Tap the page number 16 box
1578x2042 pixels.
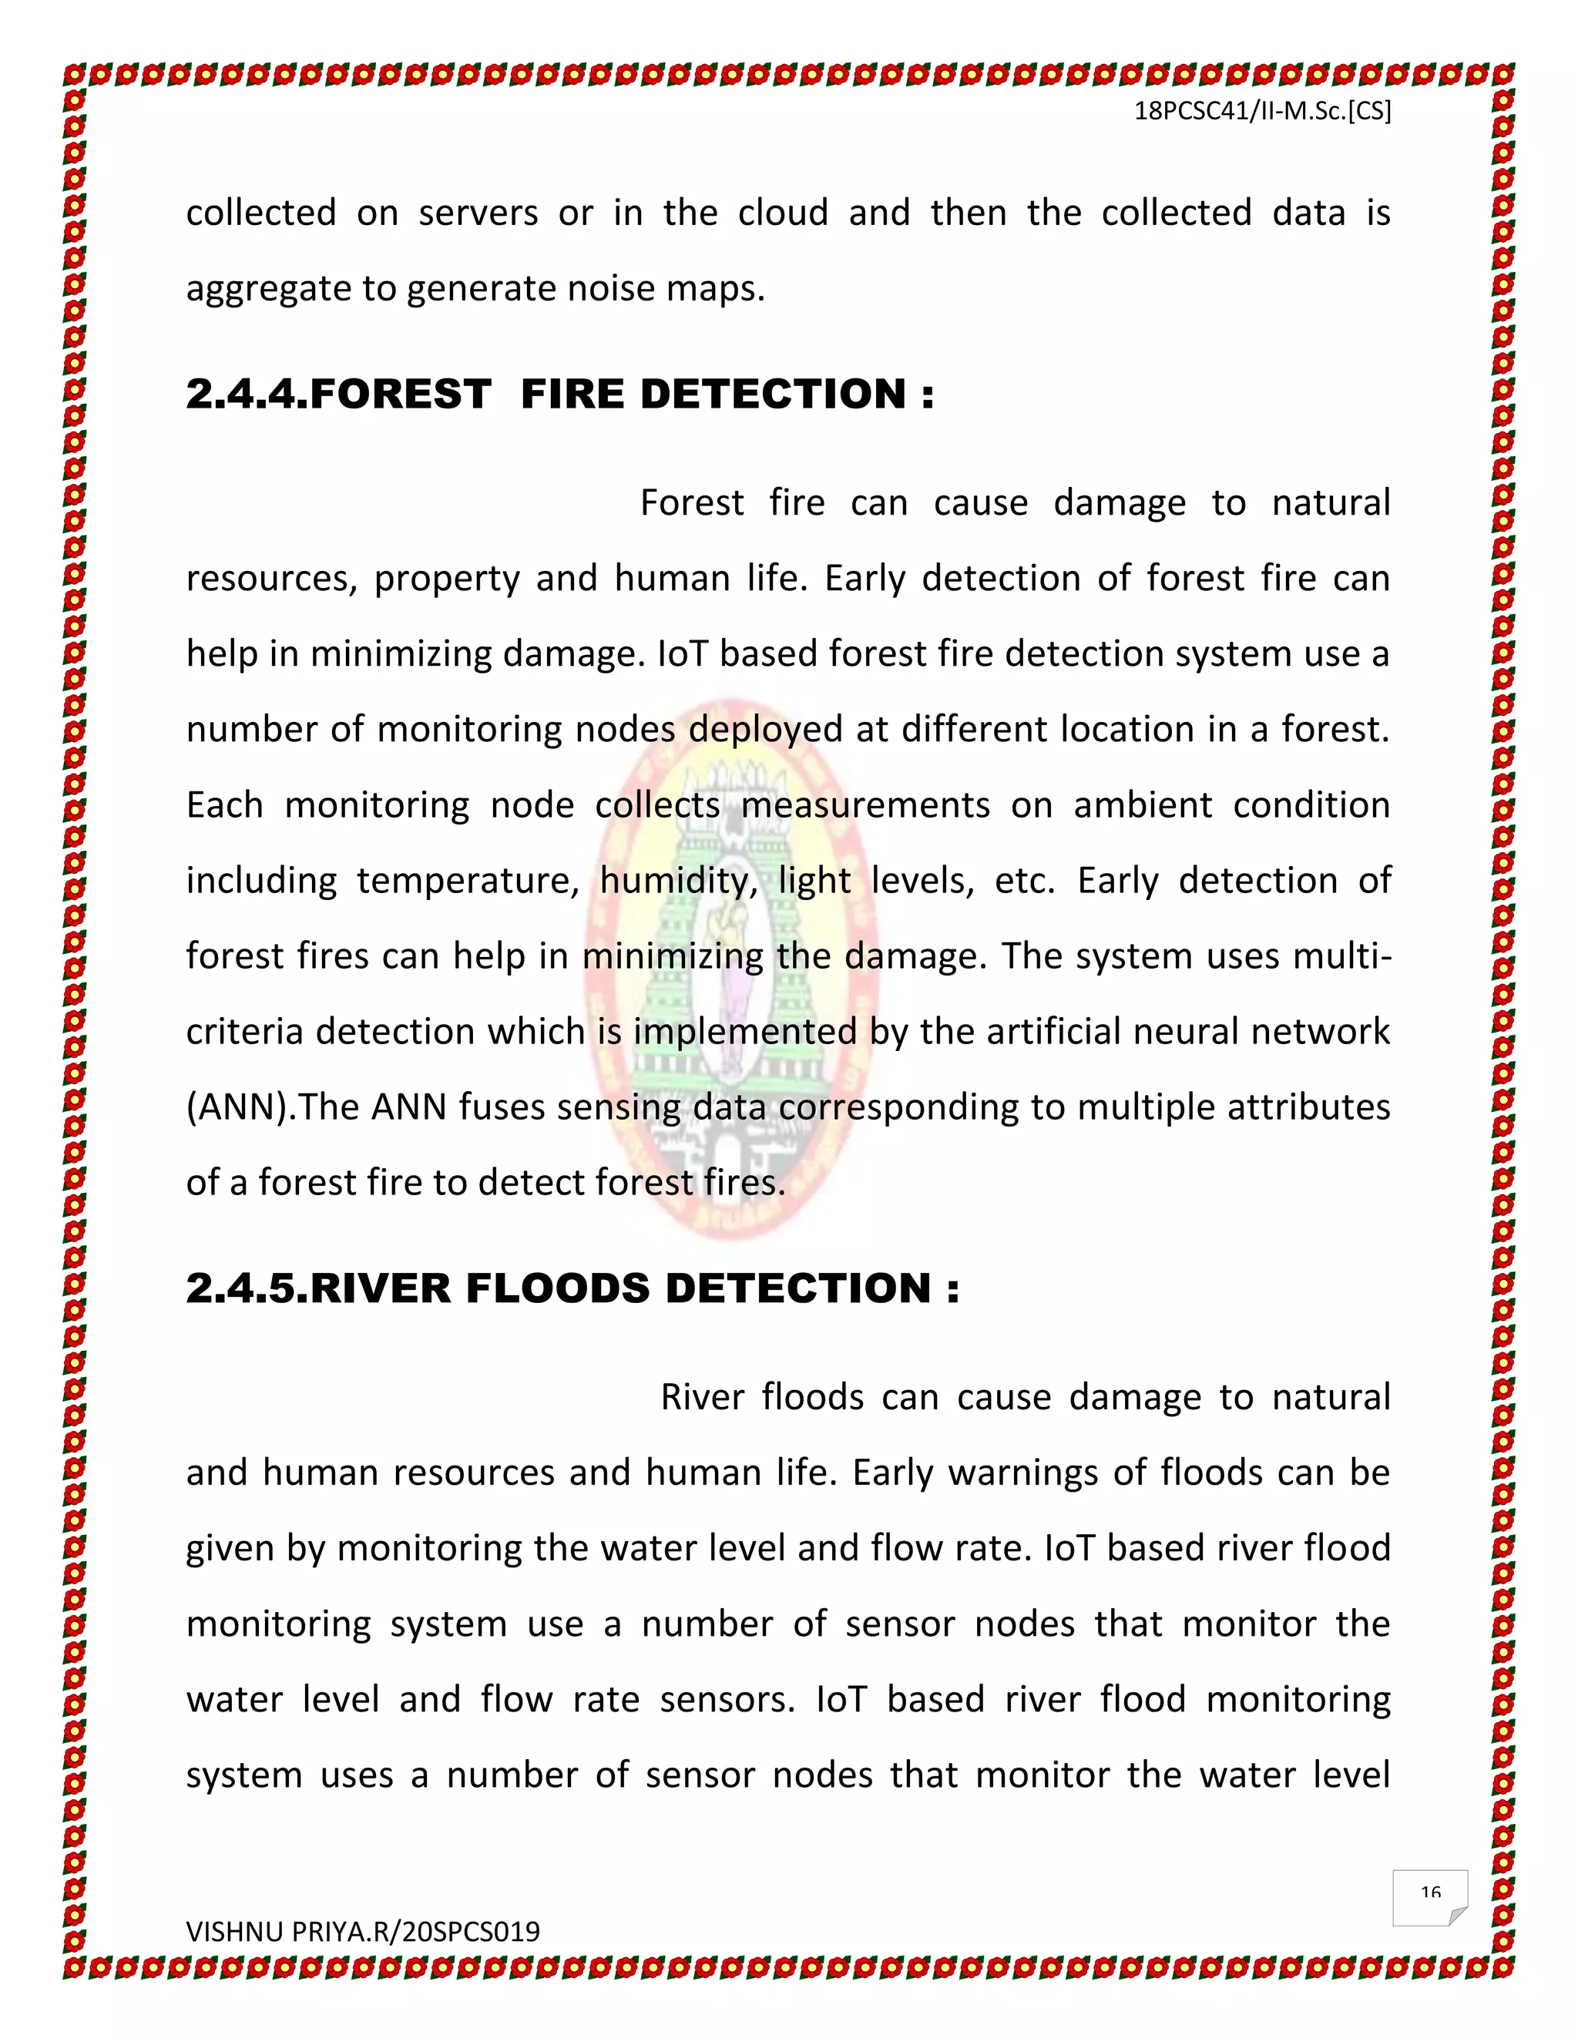coord(1429,1897)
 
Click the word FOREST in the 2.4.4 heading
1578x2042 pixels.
coord(399,394)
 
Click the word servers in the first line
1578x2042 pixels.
coord(478,213)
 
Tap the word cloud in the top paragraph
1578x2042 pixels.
coord(783,213)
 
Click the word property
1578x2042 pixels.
coord(447,579)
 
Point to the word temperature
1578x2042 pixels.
coord(468,882)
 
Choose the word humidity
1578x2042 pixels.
coord(678,882)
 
